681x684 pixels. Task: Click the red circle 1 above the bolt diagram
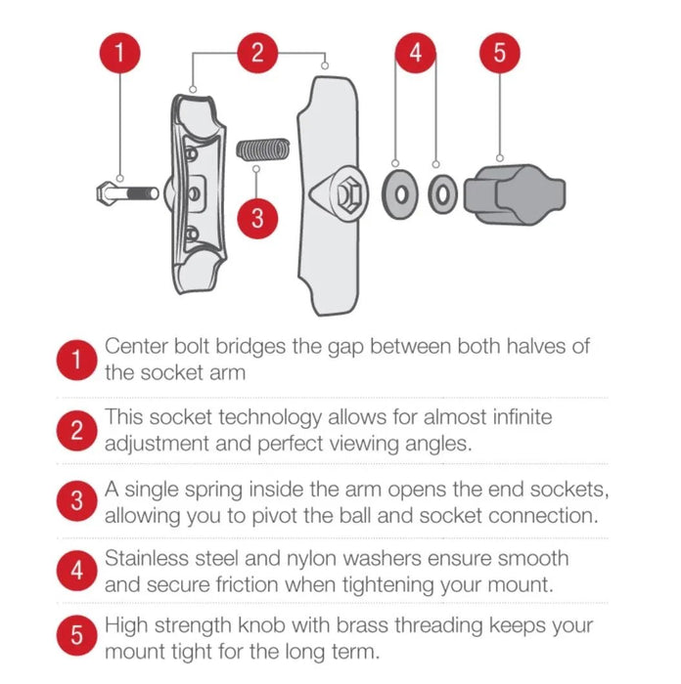[120, 53]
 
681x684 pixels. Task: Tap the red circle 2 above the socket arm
[257, 53]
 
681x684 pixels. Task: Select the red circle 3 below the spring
[257, 218]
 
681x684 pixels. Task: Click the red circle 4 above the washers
[416, 53]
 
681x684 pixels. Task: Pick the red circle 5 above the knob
[500, 53]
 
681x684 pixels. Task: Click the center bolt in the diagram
[127, 192]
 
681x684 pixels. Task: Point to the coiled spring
[263, 150]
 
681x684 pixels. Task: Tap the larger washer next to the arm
[399, 194]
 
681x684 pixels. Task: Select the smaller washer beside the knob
[442, 194]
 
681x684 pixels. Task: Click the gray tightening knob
[515, 195]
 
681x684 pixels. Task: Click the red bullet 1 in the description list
[76, 360]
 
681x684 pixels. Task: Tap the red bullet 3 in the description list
[76, 500]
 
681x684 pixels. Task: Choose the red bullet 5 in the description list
[76, 635]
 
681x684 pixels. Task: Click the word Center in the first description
[136, 346]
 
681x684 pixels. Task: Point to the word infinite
[522, 416]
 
